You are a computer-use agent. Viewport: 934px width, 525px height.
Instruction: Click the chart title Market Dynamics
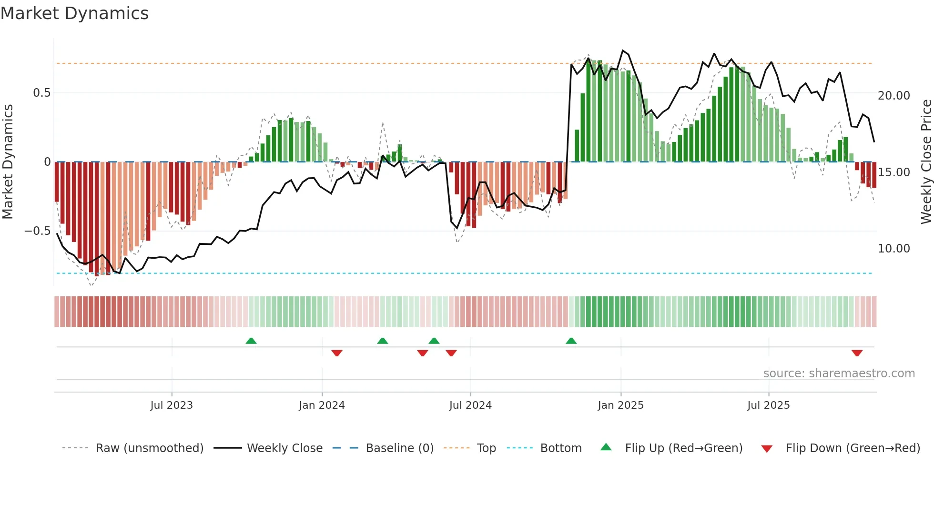[x=74, y=13]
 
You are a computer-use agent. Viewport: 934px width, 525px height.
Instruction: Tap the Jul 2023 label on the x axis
[x=172, y=405]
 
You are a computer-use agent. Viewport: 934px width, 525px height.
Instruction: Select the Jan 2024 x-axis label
[x=322, y=405]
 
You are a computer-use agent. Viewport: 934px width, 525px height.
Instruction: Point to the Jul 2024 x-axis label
[x=470, y=405]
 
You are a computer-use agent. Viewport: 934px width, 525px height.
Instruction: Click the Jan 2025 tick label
[x=620, y=405]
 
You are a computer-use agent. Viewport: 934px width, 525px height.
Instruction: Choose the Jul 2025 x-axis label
[x=768, y=405]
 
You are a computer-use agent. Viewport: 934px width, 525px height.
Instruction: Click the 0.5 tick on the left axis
[x=41, y=93]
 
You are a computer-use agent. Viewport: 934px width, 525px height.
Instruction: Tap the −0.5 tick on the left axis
[x=37, y=231]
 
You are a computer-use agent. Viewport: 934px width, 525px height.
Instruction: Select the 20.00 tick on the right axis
[x=893, y=96]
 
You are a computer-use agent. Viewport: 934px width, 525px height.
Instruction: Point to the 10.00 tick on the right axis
[x=893, y=249]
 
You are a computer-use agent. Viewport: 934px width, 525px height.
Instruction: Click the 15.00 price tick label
[x=893, y=172]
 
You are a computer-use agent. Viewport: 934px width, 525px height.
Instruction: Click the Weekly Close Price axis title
[x=926, y=162]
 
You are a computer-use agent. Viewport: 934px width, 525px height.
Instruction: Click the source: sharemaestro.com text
[x=839, y=374]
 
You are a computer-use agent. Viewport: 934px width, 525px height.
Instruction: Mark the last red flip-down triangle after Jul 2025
[x=857, y=353]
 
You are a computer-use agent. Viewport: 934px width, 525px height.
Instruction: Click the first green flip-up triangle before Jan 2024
[x=251, y=341]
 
